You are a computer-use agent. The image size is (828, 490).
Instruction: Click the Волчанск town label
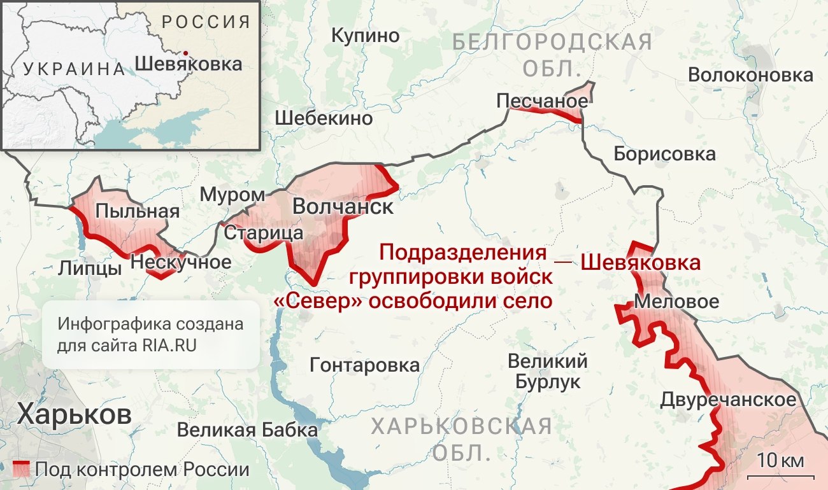(343, 207)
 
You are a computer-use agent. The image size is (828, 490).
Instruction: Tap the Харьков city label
(75, 414)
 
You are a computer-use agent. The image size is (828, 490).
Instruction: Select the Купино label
(366, 35)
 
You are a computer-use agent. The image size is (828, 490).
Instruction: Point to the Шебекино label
(324, 118)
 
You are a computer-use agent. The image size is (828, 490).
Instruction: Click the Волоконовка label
(750, 75)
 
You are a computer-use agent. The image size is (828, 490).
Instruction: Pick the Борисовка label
(664, 153)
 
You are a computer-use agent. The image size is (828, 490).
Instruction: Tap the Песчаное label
(542, 101)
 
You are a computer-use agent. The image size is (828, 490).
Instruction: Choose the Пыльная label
(138, 211)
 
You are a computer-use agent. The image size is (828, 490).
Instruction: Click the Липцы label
(89, 268)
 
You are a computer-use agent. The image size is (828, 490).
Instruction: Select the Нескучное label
(181, 262)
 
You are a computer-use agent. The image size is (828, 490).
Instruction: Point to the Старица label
(263, 233)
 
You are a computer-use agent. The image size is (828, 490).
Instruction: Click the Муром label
(232, 195)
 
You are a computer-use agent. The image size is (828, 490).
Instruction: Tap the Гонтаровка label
(364, 365)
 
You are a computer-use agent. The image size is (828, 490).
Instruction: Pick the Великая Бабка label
(247, 430)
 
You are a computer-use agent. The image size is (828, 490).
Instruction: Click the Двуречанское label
(728, 400)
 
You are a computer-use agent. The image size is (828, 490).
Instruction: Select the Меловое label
(676, 301)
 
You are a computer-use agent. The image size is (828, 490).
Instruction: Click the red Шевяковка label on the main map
(641, 262)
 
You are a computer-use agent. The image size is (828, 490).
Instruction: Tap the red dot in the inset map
(185, 53)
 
